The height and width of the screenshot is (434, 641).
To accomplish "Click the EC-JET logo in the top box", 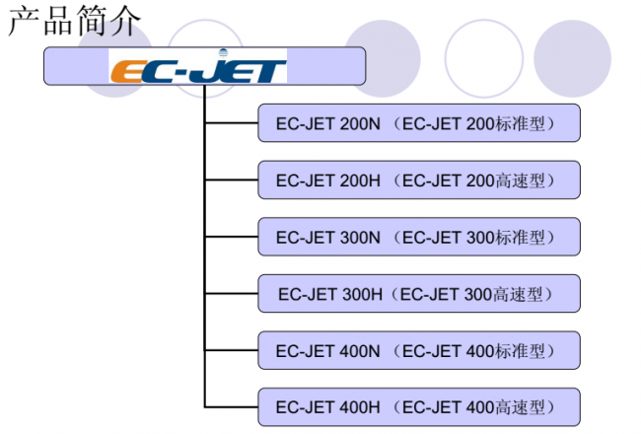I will pos(198,68).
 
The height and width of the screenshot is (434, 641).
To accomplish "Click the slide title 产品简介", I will pos(74,21).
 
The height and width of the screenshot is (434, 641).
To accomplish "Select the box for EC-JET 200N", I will pos(418,123).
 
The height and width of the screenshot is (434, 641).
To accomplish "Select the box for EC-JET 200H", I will pos(418,181).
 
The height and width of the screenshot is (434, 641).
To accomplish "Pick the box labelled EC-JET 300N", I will pos(418,237).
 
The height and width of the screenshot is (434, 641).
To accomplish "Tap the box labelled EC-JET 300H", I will pos(418,294).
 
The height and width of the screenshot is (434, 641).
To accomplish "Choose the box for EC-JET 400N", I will pos(418,350).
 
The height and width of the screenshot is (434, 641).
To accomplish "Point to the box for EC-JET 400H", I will pos(418,406).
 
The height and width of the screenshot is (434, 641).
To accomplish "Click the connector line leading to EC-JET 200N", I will pos(231,123).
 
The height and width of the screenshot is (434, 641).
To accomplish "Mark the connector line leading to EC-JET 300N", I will pos(231,237).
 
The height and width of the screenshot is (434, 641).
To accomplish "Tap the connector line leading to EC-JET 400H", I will pos(231,406).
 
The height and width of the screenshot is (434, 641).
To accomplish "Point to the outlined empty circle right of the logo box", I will pos(483,57).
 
